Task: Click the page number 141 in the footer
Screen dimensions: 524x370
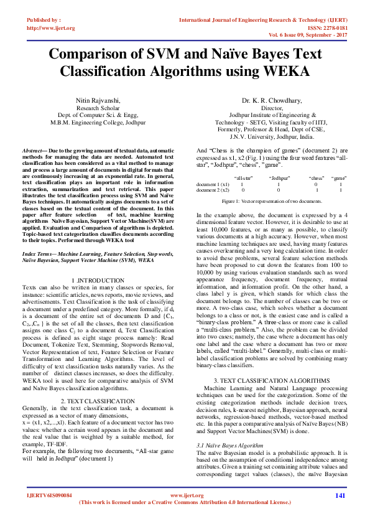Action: pos(340,495)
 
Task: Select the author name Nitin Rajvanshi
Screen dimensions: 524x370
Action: pos(98,100)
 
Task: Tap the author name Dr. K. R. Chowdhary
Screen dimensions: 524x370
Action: pos(272,100)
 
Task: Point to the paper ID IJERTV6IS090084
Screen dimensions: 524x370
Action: pos(50,495)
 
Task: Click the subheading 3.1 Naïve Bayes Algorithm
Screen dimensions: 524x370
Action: pos(226,428)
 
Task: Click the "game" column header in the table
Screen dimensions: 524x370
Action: pos(338,178)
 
